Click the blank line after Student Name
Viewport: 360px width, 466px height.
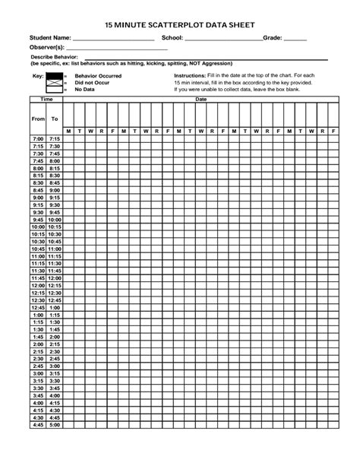pyautogui.click(x=114, y=40)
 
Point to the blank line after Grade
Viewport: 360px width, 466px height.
pyautogui.click(x=295, y=40)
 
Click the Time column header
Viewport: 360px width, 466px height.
pyautogui.click(x=46, y=100)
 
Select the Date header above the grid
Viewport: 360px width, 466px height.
pyautogui.click(x=201, y=100)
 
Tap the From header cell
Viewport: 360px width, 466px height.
pyautogui.click(x=38, y=119)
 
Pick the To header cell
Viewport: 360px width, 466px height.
pyautogui.click(x=55, y=119)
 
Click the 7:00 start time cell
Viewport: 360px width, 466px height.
pyautogui.click(x=38, y=140)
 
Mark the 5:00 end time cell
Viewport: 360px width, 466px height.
pyautogui.click(x=55, y=425)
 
